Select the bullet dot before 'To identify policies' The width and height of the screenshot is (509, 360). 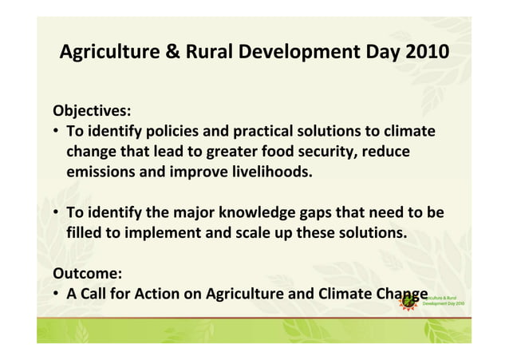click(x=57, y=131)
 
